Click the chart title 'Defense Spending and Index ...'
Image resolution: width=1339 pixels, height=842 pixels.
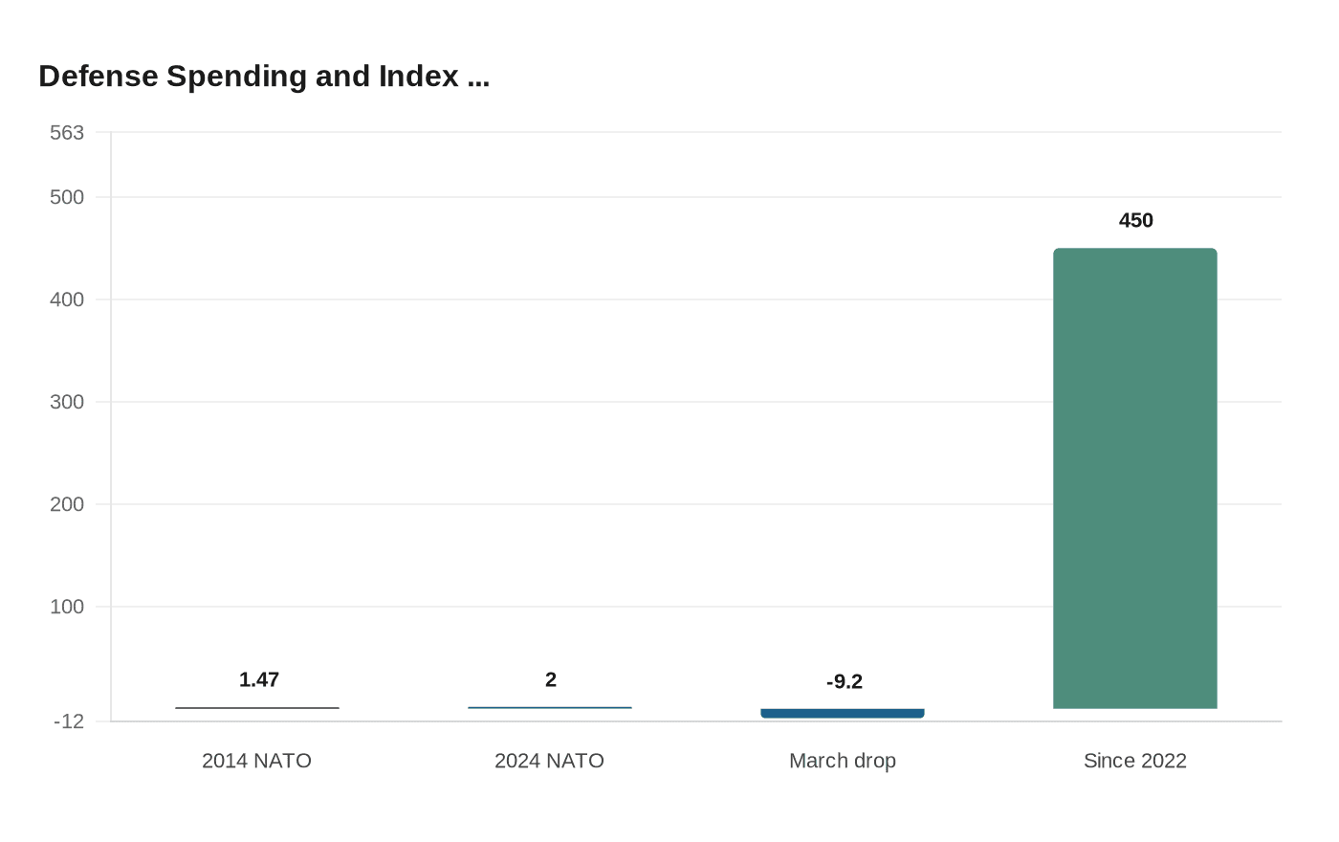264,77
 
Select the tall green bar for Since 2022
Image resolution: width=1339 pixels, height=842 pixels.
1134,478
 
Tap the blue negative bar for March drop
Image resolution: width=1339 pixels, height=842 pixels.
842,713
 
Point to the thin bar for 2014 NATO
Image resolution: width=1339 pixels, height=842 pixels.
256,708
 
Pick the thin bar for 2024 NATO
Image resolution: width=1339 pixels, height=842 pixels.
549,707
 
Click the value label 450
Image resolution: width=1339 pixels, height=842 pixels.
1135,221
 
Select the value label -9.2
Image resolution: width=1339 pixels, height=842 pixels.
844,681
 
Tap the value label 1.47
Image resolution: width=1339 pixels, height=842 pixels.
258,679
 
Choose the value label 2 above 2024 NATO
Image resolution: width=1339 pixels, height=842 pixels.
550,679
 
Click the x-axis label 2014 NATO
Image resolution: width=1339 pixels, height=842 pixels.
256,761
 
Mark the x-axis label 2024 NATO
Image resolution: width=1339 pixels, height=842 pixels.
549,761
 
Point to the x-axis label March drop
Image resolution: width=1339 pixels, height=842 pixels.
842,761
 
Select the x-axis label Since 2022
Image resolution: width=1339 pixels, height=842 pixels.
1134,761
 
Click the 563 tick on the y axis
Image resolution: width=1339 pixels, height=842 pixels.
67,133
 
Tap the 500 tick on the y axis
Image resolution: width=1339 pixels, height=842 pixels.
67,197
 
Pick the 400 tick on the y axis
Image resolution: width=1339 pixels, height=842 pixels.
67,299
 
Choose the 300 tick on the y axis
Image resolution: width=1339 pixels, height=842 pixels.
67,402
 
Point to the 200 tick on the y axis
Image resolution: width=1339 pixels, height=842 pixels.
67,504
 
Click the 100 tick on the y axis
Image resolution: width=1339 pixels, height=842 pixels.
67,607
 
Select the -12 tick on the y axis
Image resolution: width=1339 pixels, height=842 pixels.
69,721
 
